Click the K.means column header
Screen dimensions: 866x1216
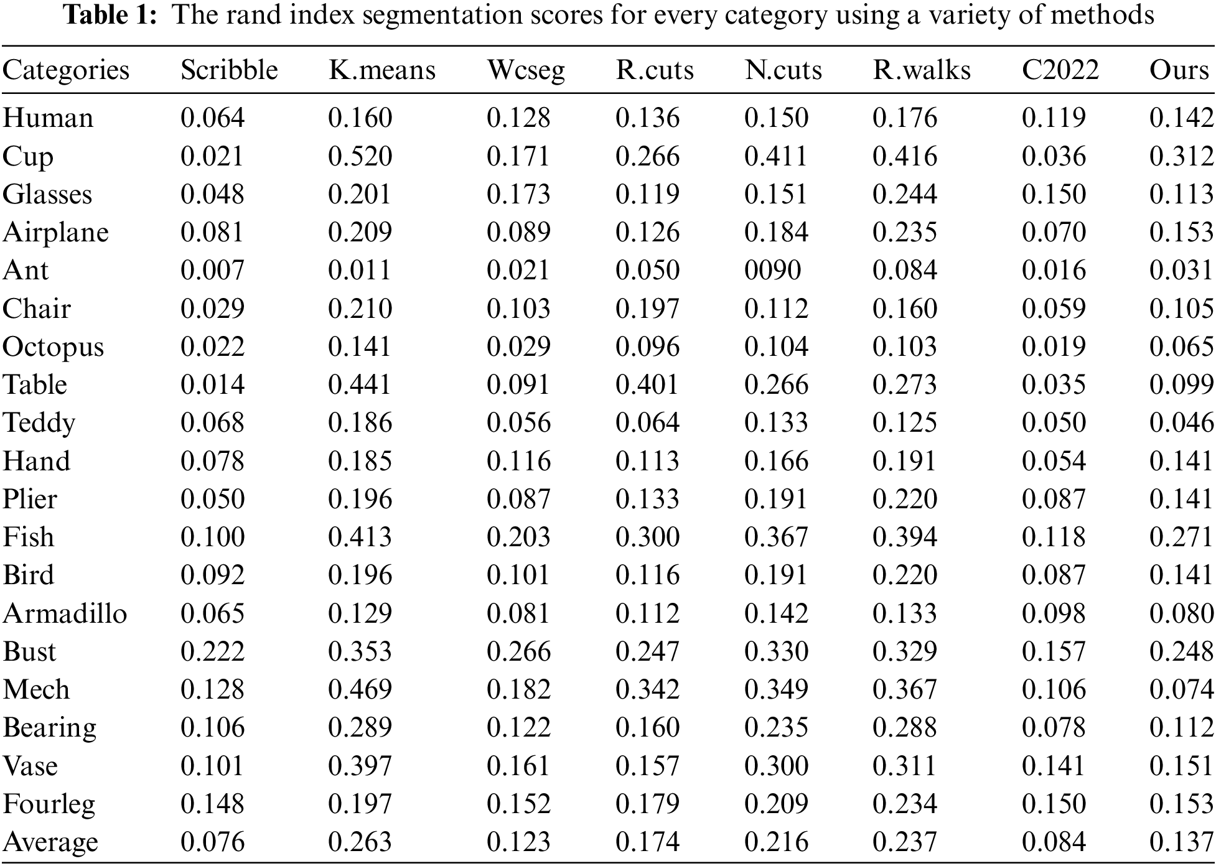(x=381, y=70)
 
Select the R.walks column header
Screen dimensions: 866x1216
(x=921, y=70)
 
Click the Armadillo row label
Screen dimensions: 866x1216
(x=65, y=613)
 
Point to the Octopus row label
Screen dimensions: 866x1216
(x=53, y=347)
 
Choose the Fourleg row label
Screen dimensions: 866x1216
(x=49, y=804)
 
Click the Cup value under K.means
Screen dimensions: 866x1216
(x=360, y=156)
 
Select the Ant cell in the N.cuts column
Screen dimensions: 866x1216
(x=772, y=271)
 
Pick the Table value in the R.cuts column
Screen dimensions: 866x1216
(x=647, y=385)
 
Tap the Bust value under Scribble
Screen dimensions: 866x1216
(x=212, y=651)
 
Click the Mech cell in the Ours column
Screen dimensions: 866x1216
(x=1181, y=690)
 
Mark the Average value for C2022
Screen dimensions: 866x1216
(x=1054, y=842)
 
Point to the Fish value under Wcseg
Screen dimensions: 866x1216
(x=518, y=538)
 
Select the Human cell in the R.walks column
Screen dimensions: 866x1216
(x=904, y=118)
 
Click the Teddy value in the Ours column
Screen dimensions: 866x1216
(x=1181, y=423)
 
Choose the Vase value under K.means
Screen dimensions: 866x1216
(x=360, y=766)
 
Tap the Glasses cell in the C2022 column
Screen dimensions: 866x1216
(x=1054, y=194)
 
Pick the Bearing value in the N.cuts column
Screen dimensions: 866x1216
(x=776, y=728)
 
